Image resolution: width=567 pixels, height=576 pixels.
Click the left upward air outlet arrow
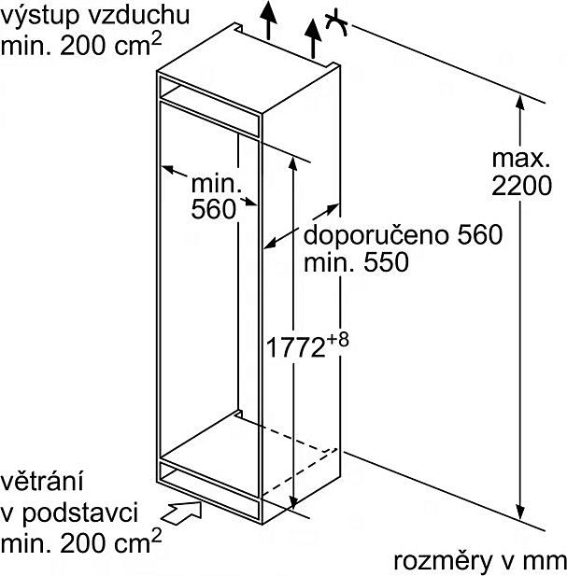click(x=269, y=20)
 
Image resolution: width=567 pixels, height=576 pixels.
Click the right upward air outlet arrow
click(x=313, y=38)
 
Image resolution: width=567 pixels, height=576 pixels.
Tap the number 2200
click(x=521, y=185)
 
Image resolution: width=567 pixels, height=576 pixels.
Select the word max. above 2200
click(x=520, y=159)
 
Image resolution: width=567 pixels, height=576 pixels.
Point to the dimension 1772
click(x=295, y=347)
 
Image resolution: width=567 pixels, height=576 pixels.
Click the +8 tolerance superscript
click(x=337, y=340)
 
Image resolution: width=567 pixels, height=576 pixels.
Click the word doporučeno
click(x=376, y=236)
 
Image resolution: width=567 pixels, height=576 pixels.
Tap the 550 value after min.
click(x=386, y=262)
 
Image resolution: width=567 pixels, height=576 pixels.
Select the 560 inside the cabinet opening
click(x=214, y=209)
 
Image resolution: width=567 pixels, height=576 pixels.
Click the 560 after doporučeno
click(x=479, y=234)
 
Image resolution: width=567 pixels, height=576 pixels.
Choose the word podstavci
click(x=80, y=513)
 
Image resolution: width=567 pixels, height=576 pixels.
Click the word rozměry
click(x=443, y=561)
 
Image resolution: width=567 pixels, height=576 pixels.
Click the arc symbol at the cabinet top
click(x=336, y=25)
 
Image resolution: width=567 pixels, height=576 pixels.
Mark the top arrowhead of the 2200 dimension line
click(x=519, y=102)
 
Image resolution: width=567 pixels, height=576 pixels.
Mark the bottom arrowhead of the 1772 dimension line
click(x=293, y=502)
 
